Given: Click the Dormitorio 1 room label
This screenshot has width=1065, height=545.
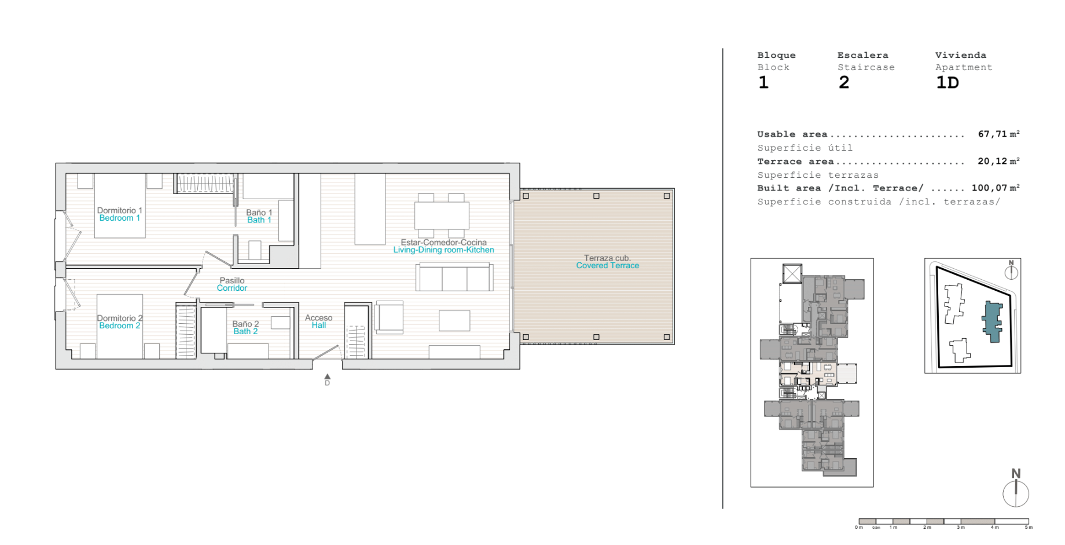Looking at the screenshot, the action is (119, 210).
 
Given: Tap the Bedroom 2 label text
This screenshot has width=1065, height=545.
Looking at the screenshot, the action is (120, 325).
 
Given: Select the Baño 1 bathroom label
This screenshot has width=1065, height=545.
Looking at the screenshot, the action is (259, 213).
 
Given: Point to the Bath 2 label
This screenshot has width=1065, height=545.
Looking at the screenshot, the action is (245, 331).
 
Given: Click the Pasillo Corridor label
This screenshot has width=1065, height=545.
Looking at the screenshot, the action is (232, 284).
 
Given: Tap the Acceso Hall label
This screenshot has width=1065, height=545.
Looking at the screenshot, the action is (319, 321).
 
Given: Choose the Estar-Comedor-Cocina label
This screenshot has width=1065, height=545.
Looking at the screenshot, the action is (444, 242).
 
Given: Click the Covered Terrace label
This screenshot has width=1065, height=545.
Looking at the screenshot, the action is (608, 265).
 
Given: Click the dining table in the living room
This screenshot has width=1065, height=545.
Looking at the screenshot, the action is (442, 215).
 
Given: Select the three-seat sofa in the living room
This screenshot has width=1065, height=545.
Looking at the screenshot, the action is (454, 277).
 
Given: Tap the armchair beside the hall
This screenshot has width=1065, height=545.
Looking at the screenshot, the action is (389, 317).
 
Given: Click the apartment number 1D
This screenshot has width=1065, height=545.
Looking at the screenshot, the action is (948, 83).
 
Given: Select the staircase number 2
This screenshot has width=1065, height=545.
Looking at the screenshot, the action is (844, 83).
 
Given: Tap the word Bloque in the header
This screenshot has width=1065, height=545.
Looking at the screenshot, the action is (776, 55).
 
